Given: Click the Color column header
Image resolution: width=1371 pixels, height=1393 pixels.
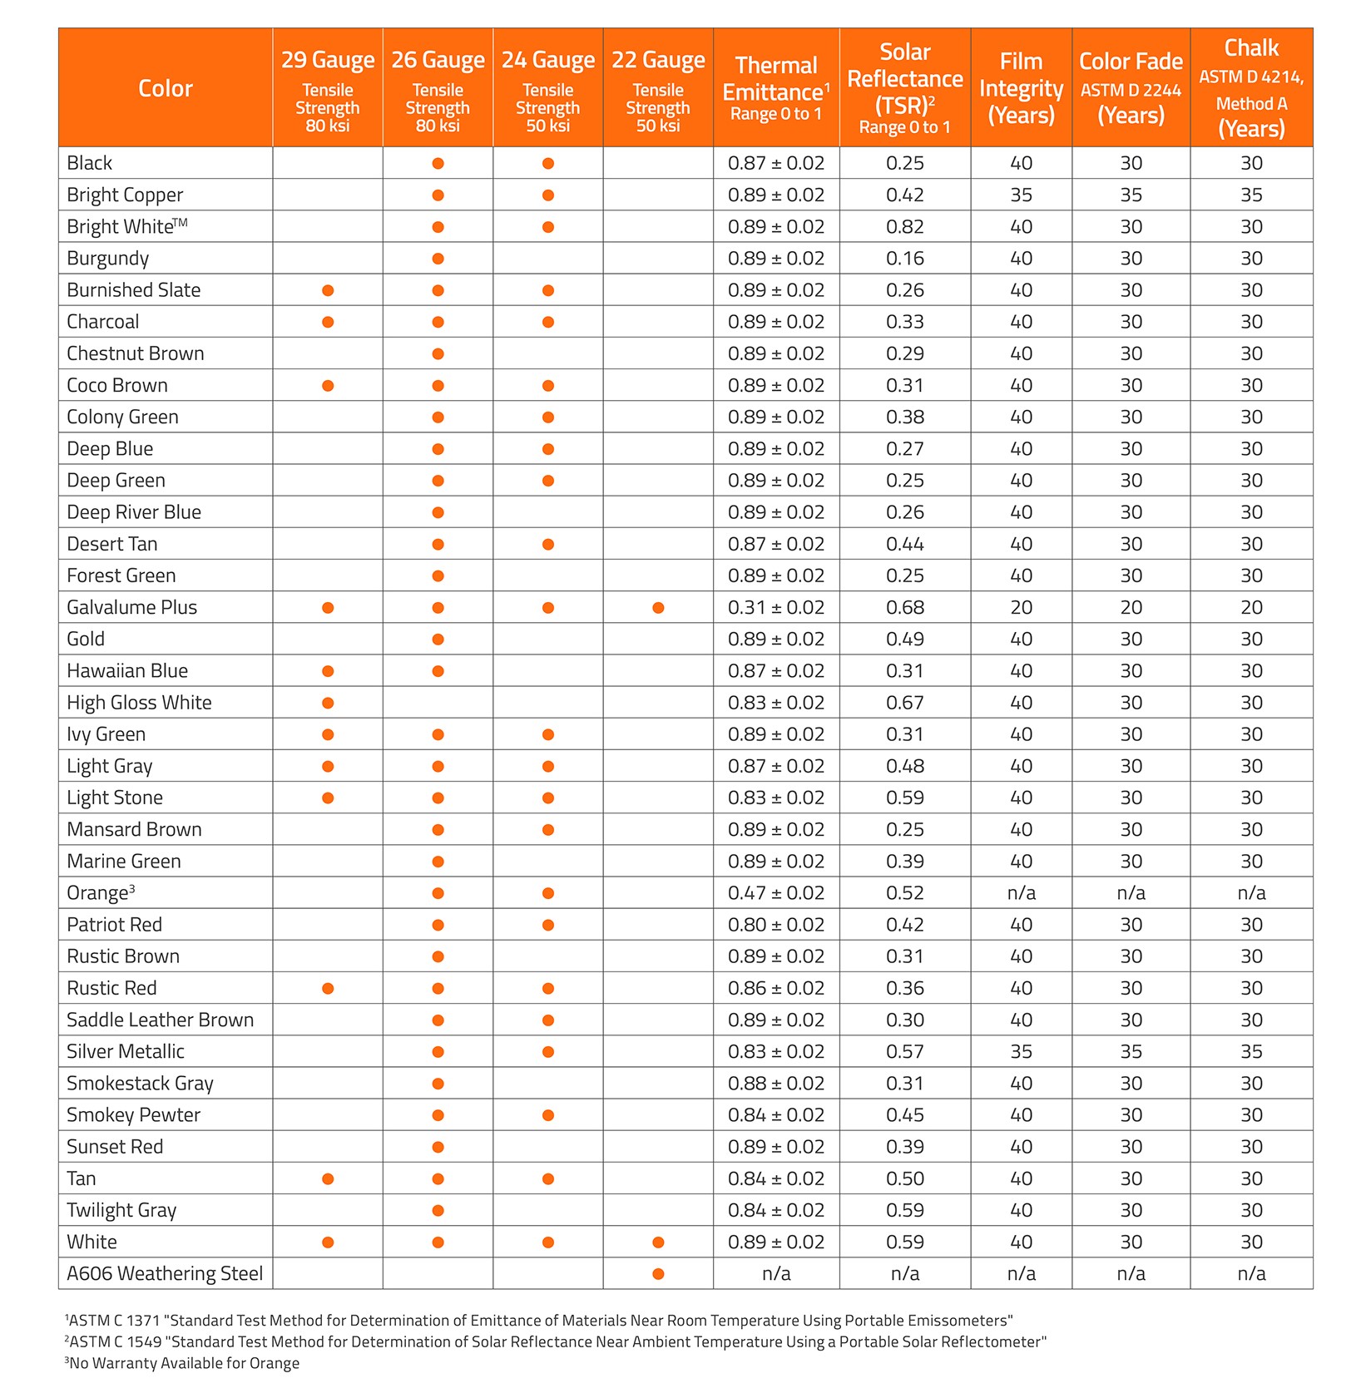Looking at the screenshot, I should (165, 88).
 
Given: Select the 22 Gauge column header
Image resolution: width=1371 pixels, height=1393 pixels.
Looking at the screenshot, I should (658, 88).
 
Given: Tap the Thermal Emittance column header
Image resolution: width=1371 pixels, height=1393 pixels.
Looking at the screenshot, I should (776, 88).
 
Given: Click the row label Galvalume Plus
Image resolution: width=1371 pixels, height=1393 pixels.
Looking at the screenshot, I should (132, 607).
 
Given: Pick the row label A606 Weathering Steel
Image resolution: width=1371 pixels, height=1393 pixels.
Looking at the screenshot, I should (165, 1273).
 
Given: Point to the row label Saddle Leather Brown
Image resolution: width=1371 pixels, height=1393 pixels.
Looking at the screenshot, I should (160, 1020).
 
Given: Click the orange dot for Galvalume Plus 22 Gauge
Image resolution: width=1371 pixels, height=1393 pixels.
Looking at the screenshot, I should (658, 608).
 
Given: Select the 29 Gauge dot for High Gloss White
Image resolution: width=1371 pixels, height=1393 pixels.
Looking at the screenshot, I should (328, 703).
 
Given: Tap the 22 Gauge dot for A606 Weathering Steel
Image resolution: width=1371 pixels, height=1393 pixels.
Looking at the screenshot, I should (658, 1274).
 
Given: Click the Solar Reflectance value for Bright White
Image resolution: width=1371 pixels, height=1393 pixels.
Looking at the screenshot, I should (905, 227).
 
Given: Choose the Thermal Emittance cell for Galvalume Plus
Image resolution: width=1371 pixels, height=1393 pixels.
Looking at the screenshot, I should (776, 608).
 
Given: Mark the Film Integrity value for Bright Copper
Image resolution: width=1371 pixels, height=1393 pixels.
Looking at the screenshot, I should (1021, 195).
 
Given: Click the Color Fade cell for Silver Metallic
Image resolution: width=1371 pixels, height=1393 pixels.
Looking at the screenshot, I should (1131, 1051).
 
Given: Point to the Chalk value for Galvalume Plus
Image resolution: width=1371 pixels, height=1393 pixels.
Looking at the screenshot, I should (1251, 608).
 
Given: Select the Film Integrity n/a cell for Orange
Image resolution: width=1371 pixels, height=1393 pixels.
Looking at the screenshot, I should (1021, 893).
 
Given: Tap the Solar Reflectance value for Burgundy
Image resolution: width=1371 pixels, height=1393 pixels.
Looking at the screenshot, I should (905, 259).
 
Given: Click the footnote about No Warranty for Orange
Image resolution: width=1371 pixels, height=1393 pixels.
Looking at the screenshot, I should (183, 1363).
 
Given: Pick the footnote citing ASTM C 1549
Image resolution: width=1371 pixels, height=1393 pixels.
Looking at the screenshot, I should (556, 1341).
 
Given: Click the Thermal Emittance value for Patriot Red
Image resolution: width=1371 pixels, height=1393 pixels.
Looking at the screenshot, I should (776, 925).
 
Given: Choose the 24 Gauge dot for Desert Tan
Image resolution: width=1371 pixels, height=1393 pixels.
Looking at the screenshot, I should (547, 545).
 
